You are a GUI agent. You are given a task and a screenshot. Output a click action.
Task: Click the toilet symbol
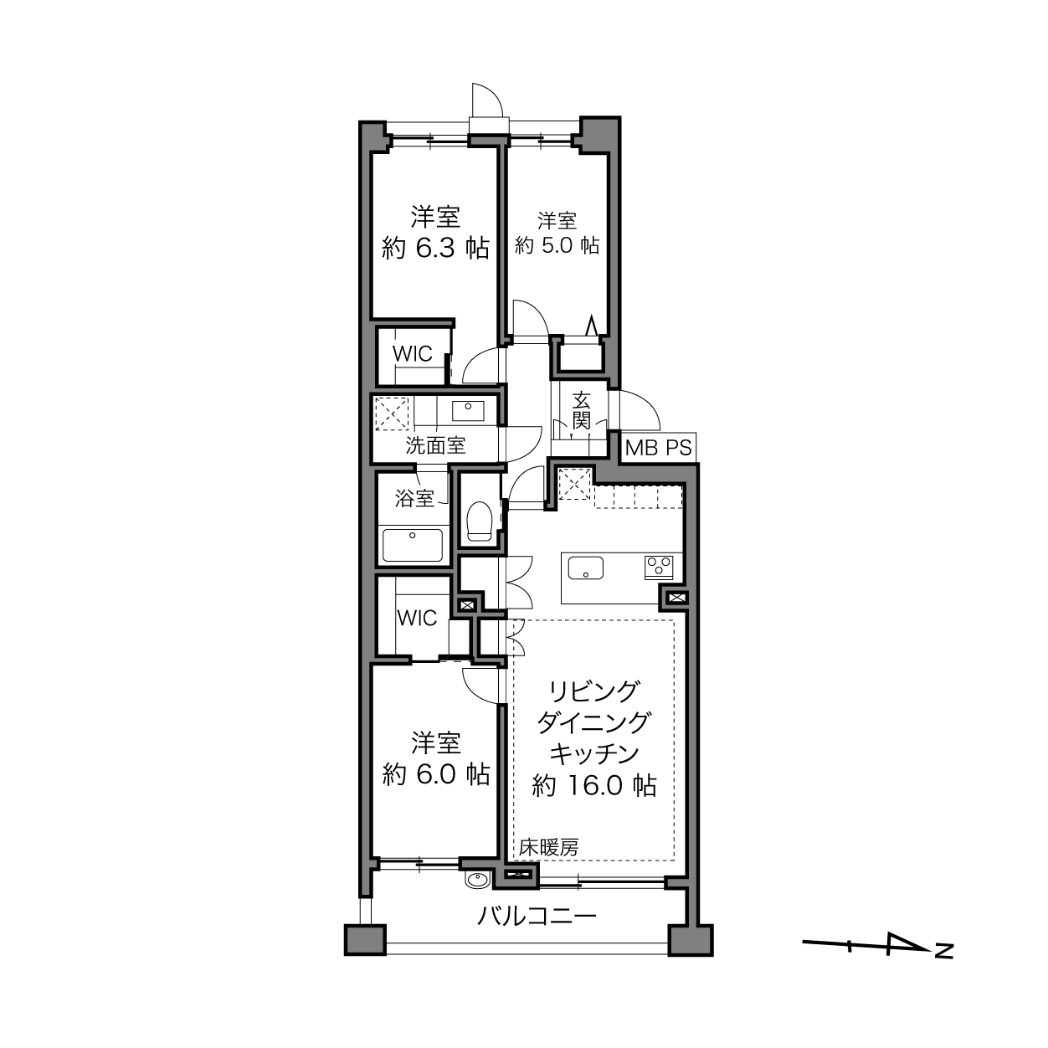479,521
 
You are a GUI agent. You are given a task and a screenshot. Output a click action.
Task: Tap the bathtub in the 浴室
412,545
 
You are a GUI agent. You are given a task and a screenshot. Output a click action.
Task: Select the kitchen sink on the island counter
586,568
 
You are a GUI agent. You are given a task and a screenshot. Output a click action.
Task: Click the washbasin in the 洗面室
468,411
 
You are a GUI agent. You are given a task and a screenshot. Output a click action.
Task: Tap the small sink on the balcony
478,879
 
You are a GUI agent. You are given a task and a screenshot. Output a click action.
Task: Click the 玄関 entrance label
581,411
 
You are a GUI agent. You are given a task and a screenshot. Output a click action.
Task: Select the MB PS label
658,448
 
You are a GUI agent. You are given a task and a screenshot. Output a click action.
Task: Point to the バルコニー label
537,917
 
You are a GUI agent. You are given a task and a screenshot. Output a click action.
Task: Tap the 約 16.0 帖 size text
593,785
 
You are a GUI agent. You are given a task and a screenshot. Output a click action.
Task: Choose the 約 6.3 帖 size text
435,249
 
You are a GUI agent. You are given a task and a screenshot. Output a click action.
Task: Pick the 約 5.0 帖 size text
557,246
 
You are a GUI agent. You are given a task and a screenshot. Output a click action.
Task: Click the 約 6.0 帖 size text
436,774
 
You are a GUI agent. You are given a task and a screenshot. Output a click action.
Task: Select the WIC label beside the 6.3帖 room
412,354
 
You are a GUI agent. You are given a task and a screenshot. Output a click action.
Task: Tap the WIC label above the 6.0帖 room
417,618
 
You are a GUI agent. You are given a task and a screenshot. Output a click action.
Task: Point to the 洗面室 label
435,446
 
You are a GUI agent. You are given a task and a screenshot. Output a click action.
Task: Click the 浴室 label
414,498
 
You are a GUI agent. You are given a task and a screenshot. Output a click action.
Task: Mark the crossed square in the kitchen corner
575,484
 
